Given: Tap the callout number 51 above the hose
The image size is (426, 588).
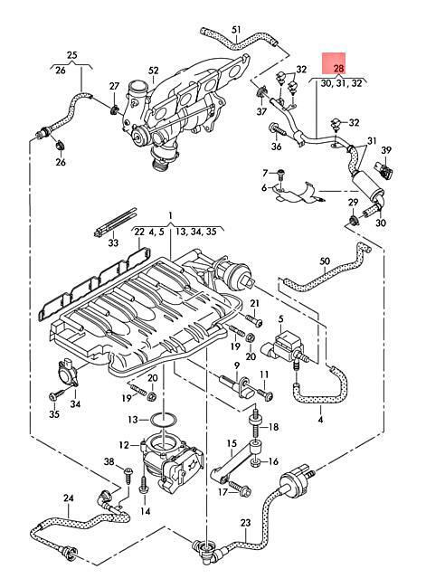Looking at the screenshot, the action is pyautogui.click(x=236, y=29).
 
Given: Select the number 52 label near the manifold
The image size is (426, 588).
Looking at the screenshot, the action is pyautogui.click(x=154, y=71).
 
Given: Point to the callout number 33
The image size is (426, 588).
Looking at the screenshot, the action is pyautogui.click(x=113, y=242).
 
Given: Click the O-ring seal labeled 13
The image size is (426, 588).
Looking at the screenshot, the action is pyautogui.click(x=164, y=420).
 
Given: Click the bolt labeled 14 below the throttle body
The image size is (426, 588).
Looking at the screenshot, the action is pyautogui.click(x=144, y=487).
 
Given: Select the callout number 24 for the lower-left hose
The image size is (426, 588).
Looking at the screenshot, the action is pyautogui.click(x=68, y=498).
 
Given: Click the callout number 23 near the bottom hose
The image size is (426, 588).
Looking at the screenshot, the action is pyautogui.click(x=245, y=522).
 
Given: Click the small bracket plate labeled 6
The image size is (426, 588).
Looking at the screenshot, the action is pyautogui.click(x=295, y=192).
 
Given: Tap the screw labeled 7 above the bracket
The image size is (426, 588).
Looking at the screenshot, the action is pyautogui.click(x=281, y=174).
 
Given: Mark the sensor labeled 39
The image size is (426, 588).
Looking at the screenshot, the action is pyautogui.click(x=384, y=169).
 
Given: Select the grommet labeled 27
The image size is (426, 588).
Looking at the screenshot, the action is pyautogui.click(x=114, y=109).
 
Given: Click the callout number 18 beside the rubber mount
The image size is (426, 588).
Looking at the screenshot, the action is pyautogui.click(x=274, y=427).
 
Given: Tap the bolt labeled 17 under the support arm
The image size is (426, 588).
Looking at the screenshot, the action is pyautogui.click(x=240, y=487).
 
